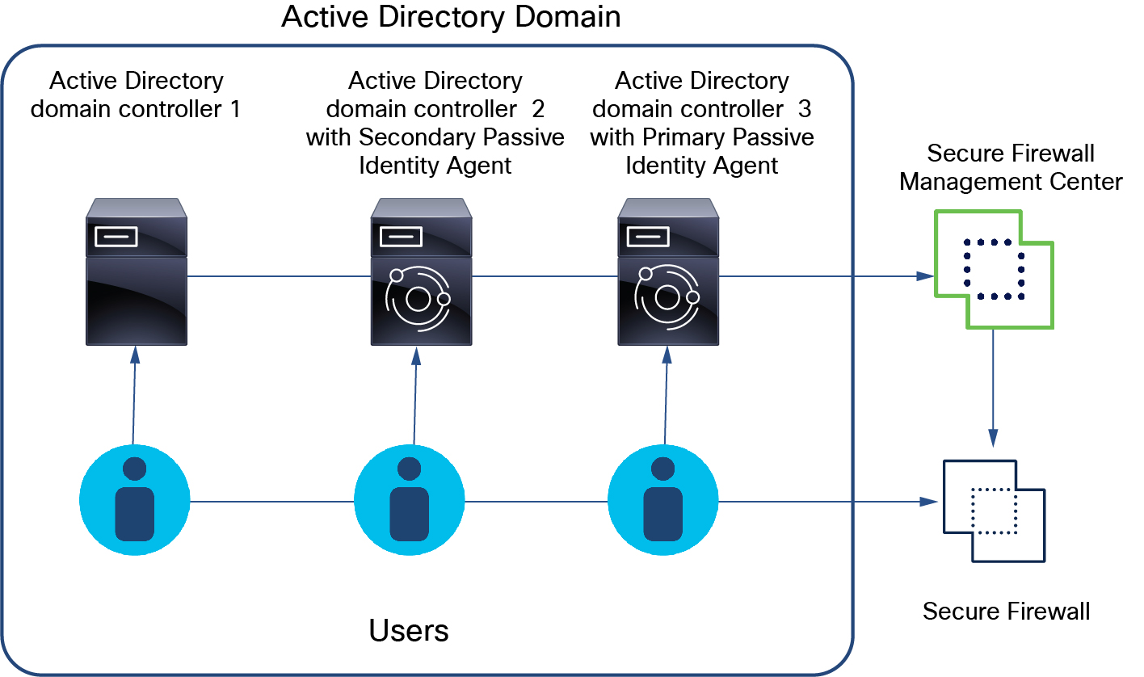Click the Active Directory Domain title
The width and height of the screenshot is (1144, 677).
pyautogui.click(x=451, y=17)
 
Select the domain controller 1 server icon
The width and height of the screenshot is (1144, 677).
pyautogui.click(x=137, y=271)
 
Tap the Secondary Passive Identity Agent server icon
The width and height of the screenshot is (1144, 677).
pyautogui.click(x=421, y=271)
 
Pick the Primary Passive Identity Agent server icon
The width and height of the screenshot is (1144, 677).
pyautogui.click(x=668, y=271)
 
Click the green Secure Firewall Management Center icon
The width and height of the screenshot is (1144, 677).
pyautogui.click(x=994, y=269)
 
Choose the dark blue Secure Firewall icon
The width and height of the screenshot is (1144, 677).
pyautogui.click(x=994, y=511)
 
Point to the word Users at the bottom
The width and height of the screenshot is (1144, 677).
pyautogui.click(x=409, y=630)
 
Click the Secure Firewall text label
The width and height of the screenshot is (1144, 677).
pyautogui.click(x=1006, y=612)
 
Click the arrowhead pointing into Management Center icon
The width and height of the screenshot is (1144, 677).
pyautogui.click(x=923, y=276)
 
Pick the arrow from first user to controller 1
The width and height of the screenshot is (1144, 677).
pyautogui.click(x=134, y=396)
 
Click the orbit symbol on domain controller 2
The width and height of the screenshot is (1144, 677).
pyautogui.click(x=418, y=300)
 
